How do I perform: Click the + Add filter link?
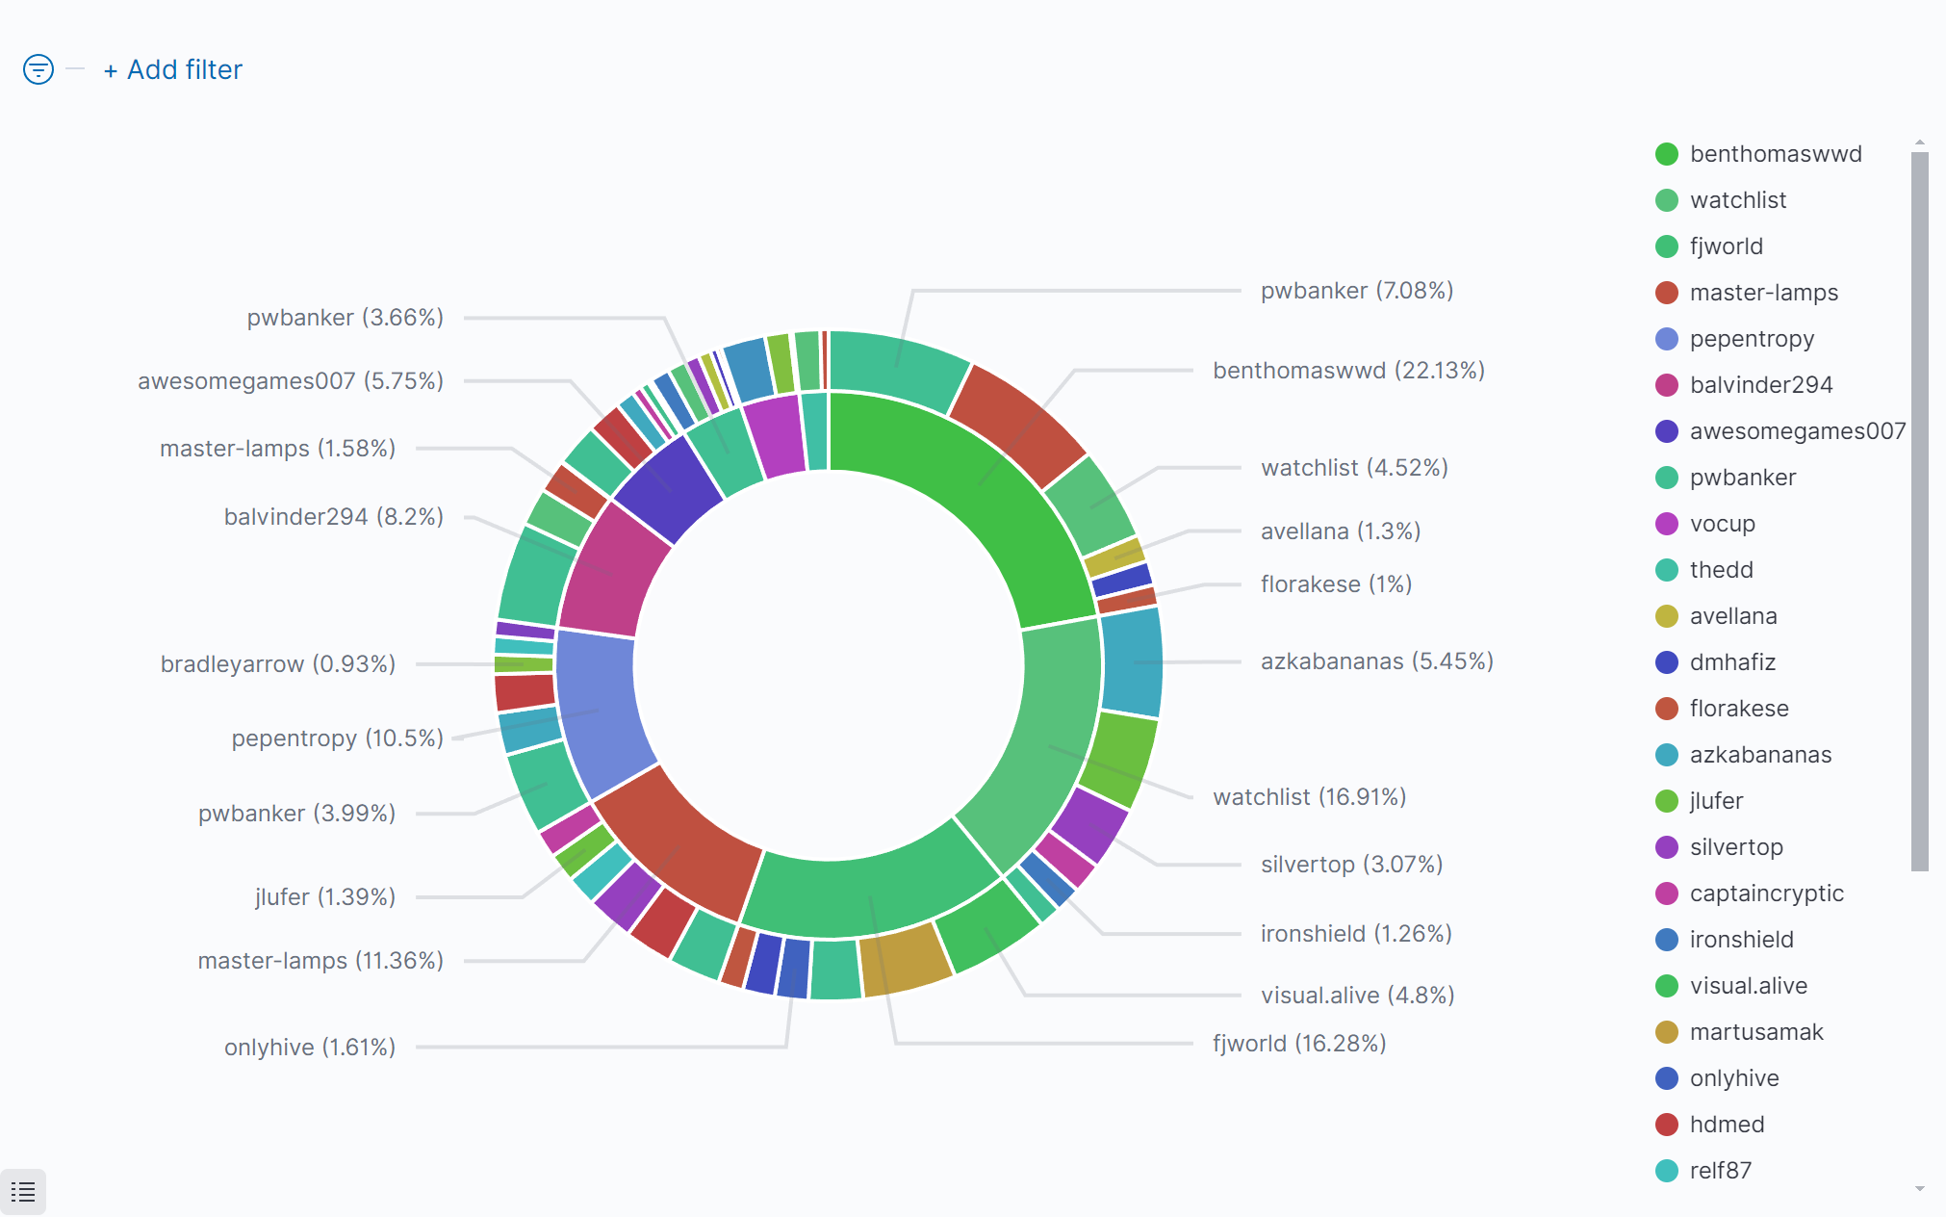point(173,70)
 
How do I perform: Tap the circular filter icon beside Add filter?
point(38,69)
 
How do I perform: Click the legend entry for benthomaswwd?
point(1775,154)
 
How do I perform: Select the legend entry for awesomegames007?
point(1797,431)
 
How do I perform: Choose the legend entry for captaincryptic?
point(1766,893)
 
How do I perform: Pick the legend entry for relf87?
point(1720,1171)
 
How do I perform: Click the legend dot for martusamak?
point(1667,1032)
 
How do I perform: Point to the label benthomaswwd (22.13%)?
point(1348,371)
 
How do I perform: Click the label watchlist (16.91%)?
point(1309,797)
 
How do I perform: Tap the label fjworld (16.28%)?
point(1299,1044)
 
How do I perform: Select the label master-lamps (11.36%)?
point(320,961)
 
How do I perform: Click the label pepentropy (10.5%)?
point(337,738)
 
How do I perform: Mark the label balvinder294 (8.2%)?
point(333,517)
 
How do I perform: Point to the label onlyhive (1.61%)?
point(310,1048)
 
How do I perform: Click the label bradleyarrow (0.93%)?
point(278,664)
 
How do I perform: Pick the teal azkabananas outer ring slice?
point(1132,662)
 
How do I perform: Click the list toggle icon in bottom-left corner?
point(23,1192)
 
